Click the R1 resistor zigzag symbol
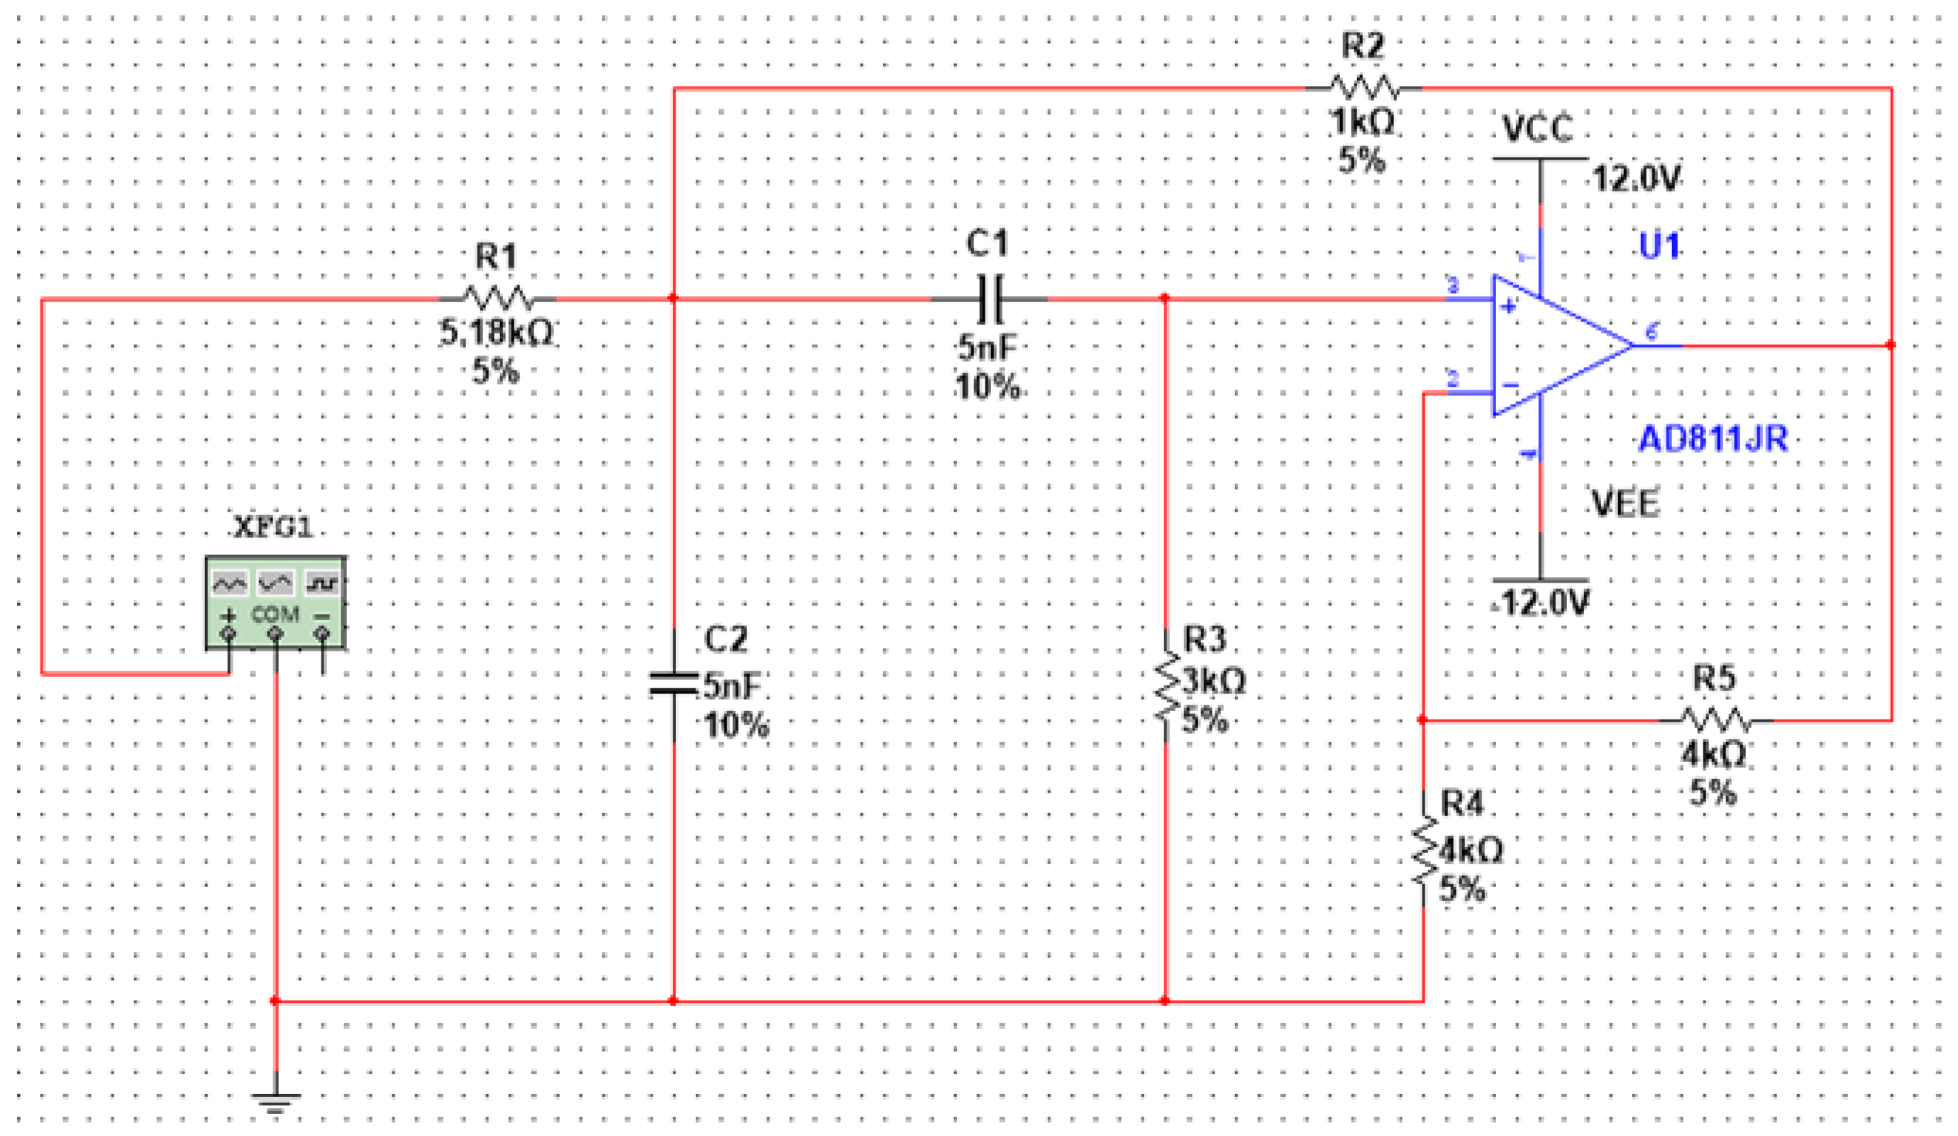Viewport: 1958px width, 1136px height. [x=498, y=299]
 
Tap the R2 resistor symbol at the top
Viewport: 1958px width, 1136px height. [x=1364, y=88]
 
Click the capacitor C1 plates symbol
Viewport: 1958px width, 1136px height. [x=989, y=299]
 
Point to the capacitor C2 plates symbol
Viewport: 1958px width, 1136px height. [x=674, y=684]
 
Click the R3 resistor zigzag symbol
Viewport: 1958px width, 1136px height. [x=1166, y=687]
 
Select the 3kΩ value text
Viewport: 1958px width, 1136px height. [x=1214, y=682]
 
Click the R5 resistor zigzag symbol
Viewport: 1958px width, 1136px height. [x=1716, y=720]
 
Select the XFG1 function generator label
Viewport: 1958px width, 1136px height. [x=274, y=528]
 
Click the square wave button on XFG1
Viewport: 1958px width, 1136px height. [x=321, y=582]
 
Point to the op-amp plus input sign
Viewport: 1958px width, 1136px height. [x=1508, y=306]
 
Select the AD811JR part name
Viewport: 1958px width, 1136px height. [x=1713, y=440]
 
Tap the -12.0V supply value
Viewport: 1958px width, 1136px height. [x=1542, y=603]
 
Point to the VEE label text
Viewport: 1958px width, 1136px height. [x=1625, y=504]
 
